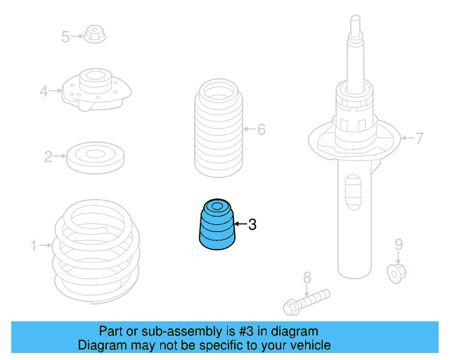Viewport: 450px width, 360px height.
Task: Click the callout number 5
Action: click(65, 37)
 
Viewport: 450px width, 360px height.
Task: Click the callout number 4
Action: click(44, 91)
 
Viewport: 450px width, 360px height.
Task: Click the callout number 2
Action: click(48, 157)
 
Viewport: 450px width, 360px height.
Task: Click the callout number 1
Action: click(33, 245)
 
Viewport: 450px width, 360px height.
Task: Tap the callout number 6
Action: click(261, 129)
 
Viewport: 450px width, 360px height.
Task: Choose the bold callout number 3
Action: click(252, 225)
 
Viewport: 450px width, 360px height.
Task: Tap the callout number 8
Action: click(307, 277)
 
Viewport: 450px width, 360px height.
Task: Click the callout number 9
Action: click(398, 245)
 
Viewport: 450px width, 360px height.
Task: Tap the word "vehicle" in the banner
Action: click(310, 345)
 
